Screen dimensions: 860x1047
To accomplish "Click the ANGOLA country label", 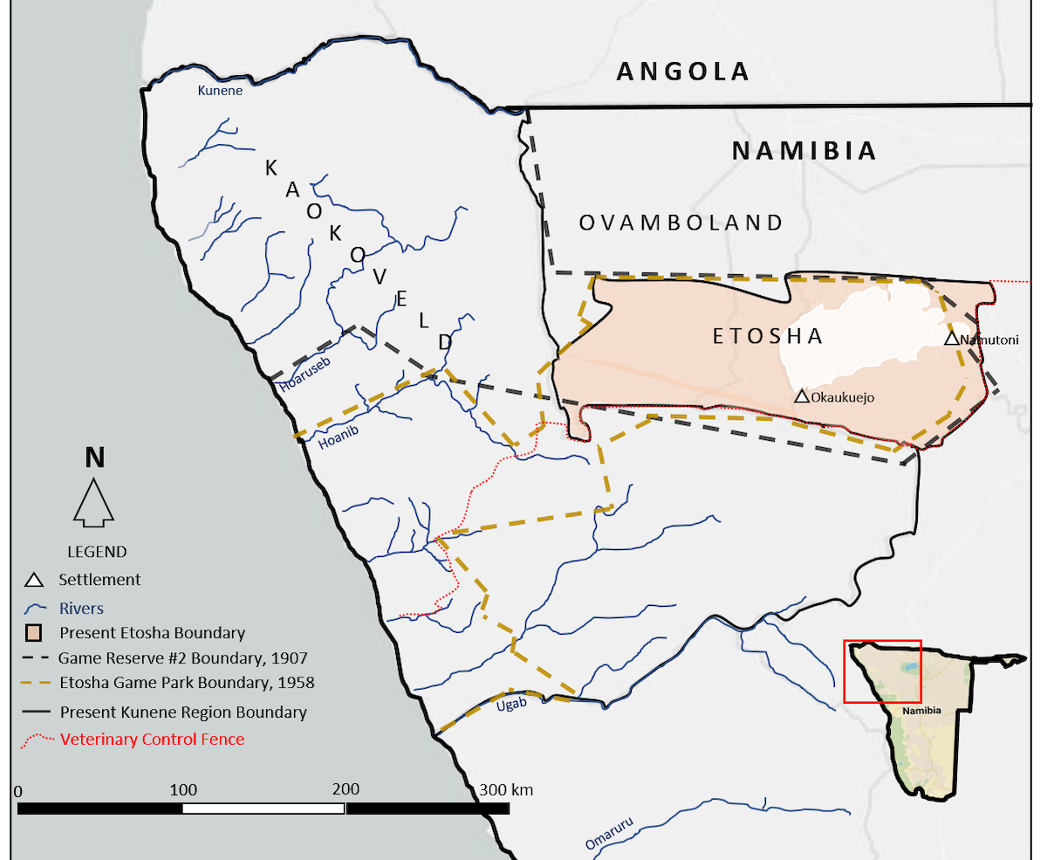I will [682, 72].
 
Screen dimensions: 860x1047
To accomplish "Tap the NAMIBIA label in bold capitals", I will [803, 151].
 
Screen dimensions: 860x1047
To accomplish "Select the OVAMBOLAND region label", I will [681, 223].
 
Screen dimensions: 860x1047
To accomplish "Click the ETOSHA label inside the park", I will [768, 336].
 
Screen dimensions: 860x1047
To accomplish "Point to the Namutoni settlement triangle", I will [952, 338].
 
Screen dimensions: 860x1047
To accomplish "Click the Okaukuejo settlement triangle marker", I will [802, 396].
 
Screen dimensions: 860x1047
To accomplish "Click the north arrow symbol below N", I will [93, 502].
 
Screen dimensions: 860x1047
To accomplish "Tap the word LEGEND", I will [97, 552].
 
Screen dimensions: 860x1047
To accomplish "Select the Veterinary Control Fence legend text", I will [152, 740].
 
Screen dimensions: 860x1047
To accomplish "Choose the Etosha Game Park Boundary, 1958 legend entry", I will [186, 683].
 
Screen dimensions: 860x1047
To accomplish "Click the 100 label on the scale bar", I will [182, 790].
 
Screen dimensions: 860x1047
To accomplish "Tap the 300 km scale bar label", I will [506, 790].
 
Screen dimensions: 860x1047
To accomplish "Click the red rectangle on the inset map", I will [882, 671].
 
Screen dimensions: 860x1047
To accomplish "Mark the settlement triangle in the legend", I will [33, 580].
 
